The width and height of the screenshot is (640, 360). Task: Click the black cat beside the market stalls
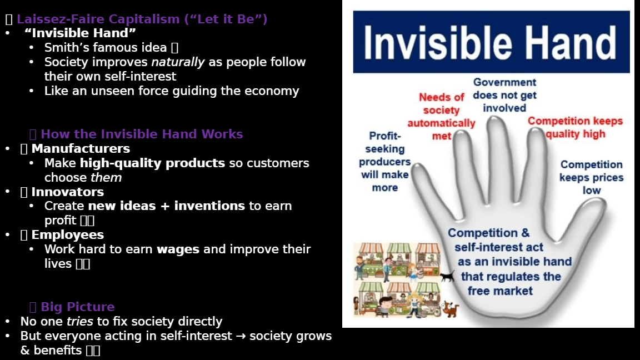[x=447, y=277]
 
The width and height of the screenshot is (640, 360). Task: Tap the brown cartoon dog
[x=450, y=309]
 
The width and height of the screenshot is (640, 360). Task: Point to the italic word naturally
[x=178, y=62]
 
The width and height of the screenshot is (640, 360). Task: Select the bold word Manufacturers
[x=81, y=148]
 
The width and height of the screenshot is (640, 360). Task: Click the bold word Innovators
[x=67, y=192]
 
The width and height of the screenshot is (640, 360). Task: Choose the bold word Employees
[x=67, y=234]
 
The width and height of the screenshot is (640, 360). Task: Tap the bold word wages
[x=178, y=249]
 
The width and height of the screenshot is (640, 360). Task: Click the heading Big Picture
[x=78, y=307]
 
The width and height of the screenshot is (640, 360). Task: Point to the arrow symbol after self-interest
[x=241, y=336]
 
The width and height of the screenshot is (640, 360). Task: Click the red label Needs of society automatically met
[x=441, y=116]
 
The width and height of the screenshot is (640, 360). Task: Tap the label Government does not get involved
[x=504, y=95]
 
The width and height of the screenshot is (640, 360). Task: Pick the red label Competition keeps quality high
[x=575, y=127]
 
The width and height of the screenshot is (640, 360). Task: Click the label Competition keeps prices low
[x=592, y=177]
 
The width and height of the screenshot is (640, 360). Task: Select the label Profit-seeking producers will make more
[x=384, y=161]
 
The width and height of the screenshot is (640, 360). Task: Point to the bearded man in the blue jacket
[x=359, y=267]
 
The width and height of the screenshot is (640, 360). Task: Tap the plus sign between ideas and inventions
[x=165, y=206]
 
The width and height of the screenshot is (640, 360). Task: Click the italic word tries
[x=79, y=321]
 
